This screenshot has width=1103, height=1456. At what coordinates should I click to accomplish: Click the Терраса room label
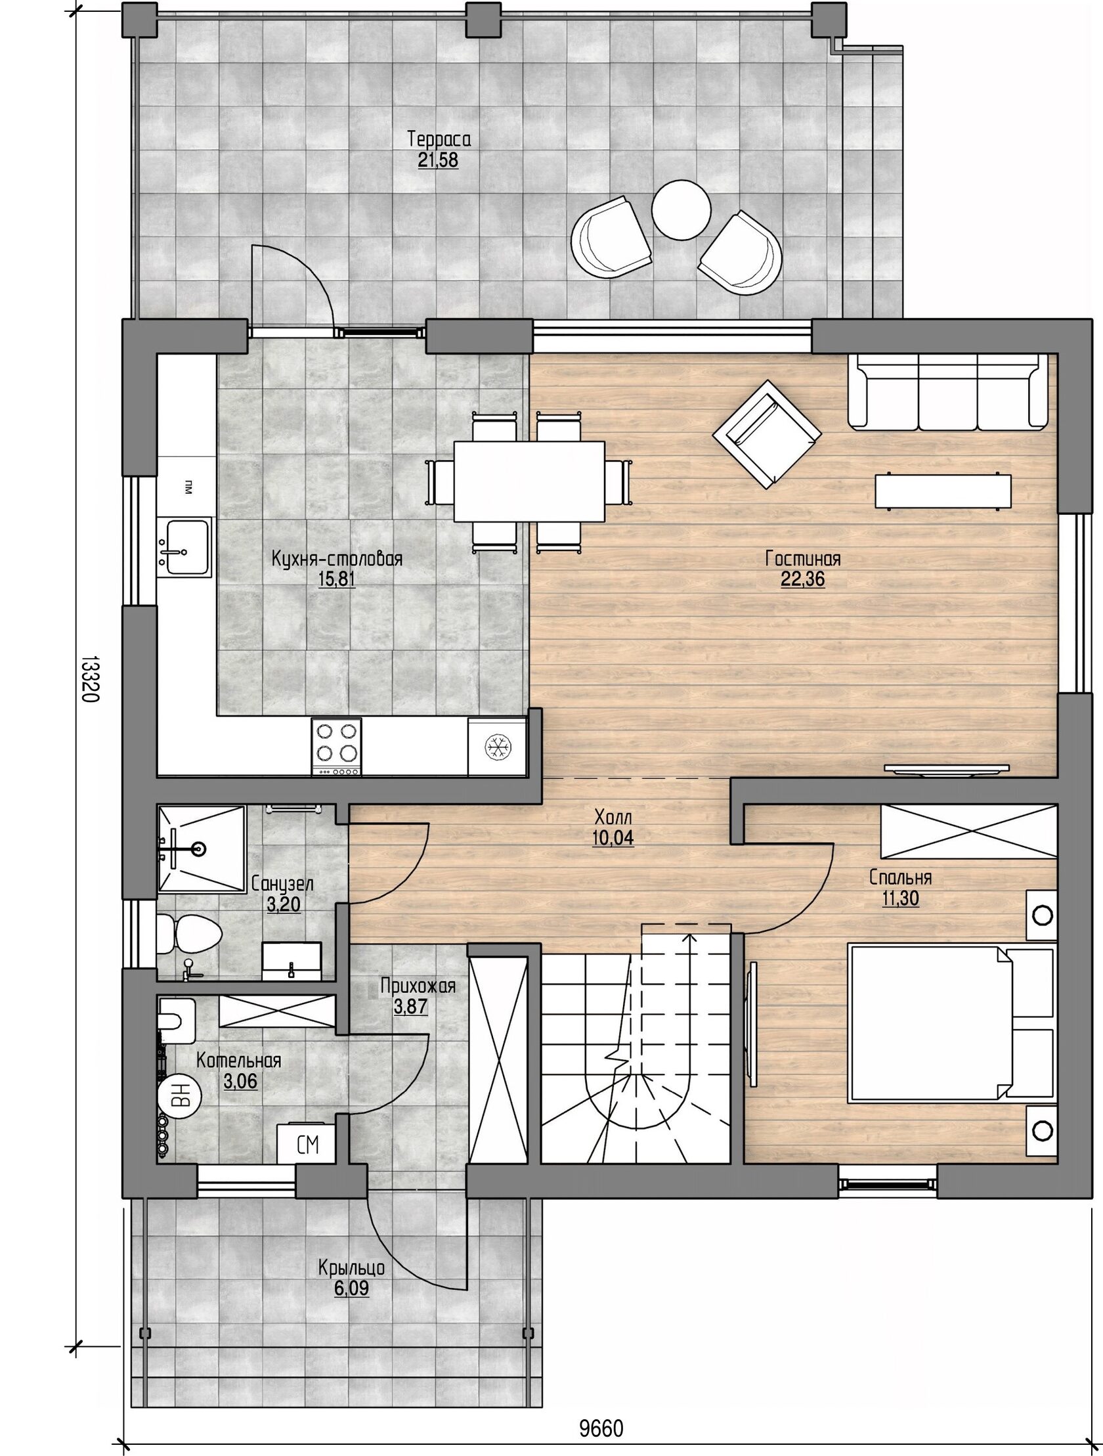point(439,139)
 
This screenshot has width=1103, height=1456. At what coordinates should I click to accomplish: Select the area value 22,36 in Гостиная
point(802,579)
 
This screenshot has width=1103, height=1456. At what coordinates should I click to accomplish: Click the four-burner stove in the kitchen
point(336,747)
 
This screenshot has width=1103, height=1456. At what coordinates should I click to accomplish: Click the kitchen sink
point(184,546)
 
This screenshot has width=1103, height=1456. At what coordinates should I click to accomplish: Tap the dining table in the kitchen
point(529,481)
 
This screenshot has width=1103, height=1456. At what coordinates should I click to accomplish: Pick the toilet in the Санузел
point(190,932)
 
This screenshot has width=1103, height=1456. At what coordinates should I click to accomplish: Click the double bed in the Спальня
point(952,1023)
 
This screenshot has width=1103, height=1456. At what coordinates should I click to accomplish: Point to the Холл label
point(613,818)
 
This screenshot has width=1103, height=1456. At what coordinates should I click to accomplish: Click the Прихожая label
point(418,985)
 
